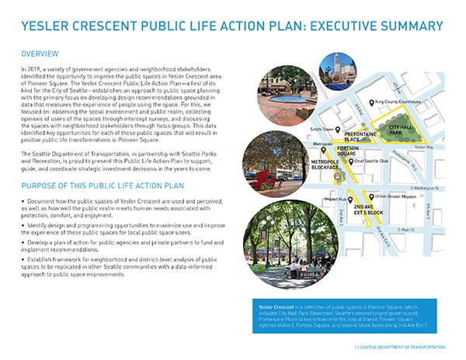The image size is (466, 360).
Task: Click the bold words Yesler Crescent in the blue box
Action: point(276,307)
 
